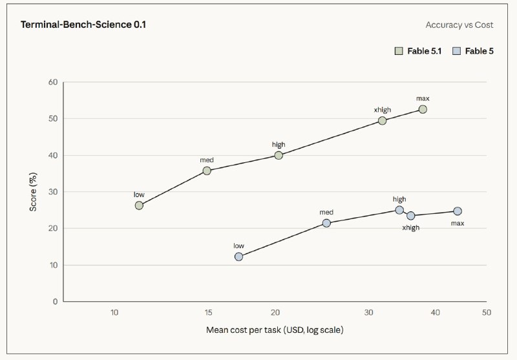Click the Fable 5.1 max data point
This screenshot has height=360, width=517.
423,109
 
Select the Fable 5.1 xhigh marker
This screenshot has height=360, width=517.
382,121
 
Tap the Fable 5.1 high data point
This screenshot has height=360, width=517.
279,155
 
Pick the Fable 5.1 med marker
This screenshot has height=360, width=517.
207,171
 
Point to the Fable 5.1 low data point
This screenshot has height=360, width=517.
139,206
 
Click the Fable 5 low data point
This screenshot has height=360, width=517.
238,257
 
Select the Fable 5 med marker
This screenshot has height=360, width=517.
326,223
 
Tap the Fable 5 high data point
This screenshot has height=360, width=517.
399,210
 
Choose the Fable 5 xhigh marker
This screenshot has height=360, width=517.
410,216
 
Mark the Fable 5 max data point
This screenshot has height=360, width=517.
458,211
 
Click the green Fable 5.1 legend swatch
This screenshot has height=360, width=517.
399,51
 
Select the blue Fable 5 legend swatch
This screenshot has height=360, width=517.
457,51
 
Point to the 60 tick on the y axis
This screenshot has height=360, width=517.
53,82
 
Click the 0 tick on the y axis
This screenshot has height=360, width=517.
56,301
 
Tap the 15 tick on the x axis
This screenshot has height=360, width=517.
208,312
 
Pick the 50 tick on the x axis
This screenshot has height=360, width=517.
487,312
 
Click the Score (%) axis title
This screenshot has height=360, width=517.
33,192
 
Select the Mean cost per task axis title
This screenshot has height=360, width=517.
275,330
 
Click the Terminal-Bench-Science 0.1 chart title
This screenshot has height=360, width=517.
83,25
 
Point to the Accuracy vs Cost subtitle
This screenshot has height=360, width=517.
459,25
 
